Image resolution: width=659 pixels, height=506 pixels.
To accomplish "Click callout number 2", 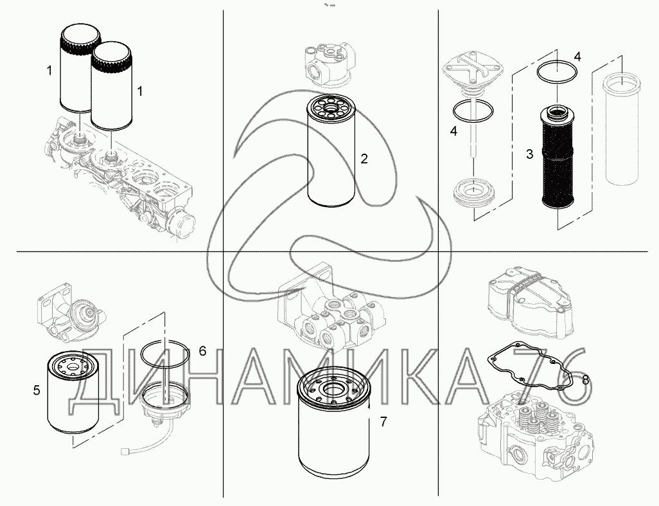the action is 364,159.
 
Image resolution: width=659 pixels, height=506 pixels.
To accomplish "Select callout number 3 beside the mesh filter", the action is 529,154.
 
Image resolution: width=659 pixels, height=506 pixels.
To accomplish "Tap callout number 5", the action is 37,390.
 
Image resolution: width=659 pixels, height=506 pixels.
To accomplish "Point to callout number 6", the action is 202,351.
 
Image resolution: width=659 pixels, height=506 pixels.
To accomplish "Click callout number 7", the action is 383,421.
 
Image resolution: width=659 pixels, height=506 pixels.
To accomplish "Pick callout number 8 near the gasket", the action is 585,380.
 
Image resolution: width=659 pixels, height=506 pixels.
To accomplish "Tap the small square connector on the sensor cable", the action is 123,452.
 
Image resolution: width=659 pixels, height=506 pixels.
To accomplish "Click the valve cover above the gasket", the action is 531,303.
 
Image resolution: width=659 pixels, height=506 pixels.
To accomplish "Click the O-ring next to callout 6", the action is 164,354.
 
